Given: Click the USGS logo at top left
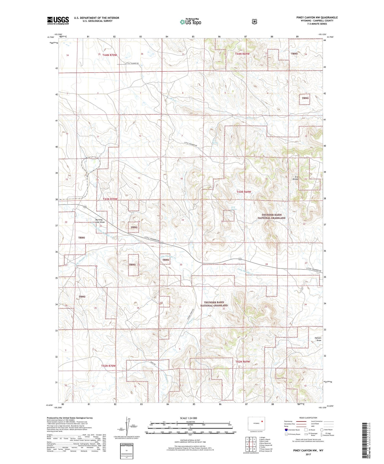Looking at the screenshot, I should [x=58, y=20].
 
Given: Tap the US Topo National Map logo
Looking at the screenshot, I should [x=190, y=22].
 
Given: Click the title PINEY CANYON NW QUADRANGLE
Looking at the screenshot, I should [x=317, y=18].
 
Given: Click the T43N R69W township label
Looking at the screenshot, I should [x=244, y=192].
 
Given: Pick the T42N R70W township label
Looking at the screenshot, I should [x=108, y=366].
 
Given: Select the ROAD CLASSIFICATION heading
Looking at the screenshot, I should [x=308, y=418].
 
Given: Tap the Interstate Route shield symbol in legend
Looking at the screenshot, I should [x=286, y=429].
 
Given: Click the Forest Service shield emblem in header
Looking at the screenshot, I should [x=254, y=22].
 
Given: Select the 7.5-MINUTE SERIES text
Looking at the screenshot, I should [x=317, y=24].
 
